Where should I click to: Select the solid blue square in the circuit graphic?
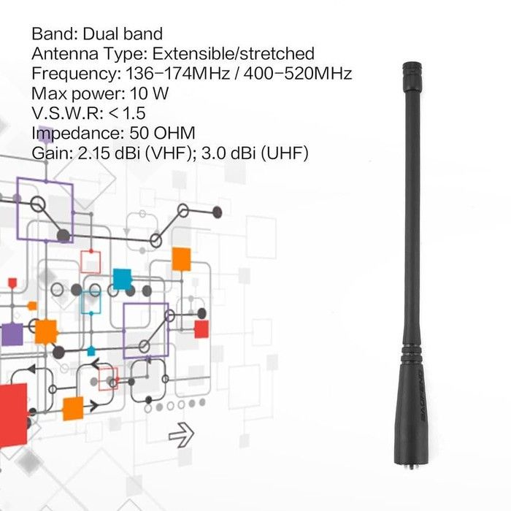click(122, 279)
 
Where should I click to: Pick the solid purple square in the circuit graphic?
click(12, 334)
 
